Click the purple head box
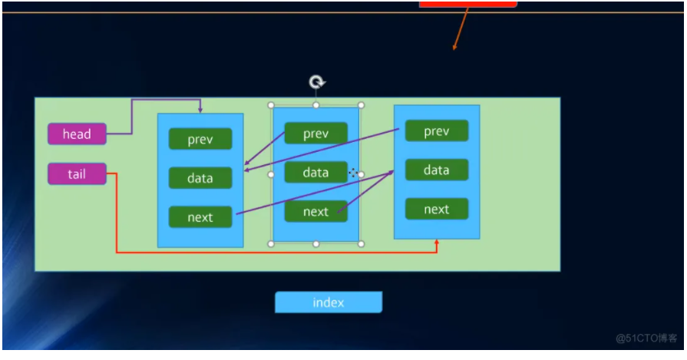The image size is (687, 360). point(77,134)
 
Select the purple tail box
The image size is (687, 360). point(77,174)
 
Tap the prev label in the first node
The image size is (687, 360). point(200,139)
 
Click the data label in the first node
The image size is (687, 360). point(200,178)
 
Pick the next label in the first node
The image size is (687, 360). point(200,217)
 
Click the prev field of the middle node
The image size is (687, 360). point(315,134)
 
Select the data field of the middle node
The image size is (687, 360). point(315,172)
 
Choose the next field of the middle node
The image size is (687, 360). point(315,211)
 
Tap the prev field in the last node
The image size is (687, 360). point(436,131)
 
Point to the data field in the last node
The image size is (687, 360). point(436,170)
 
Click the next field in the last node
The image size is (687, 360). point(436,209)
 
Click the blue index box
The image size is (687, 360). point(329,302)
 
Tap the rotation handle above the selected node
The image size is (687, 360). point(315,82)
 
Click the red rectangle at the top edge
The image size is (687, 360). point(467,4)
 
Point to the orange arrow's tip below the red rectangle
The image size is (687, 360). point(454,50)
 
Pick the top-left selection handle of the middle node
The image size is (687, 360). point(271,105)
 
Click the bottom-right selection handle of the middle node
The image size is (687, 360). point(361,243)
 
